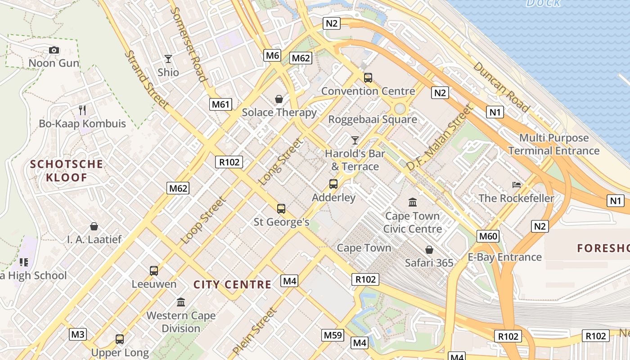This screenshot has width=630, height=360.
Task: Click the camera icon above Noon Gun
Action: [x=54, y=50]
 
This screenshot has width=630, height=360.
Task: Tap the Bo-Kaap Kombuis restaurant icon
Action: [x=82, y=110]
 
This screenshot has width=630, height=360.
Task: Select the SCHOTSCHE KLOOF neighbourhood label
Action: [x=67, y=171]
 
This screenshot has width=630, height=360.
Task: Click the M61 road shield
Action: [x=220, y=105]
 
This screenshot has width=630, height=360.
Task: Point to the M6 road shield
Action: [x=273, y=55]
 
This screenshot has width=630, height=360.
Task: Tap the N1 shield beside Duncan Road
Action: [x=494, y=112]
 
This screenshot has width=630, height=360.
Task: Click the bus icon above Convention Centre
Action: [x=368, y=78]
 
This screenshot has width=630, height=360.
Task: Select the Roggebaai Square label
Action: [x=373, y=120]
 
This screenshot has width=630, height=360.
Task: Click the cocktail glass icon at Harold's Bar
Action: [x=355, y=140]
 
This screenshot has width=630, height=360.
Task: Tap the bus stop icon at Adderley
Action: [x=333, y=184]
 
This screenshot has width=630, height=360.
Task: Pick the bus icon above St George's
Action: [x=281, y=209]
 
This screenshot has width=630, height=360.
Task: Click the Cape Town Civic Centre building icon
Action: [x=413, y=202]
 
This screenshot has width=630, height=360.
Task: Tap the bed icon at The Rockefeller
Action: [x=517, y=185]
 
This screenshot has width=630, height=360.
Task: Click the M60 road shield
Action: [x=488, y=236]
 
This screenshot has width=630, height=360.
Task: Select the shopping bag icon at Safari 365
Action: [x=429, y=250]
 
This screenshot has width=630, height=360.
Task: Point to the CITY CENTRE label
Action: [x=232, y=284]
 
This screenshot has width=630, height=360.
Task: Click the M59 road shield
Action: [x=333, y=335]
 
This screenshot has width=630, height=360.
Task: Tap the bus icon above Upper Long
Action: [x=120, y=339]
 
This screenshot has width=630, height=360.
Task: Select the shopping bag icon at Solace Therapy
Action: [x=279, y=99]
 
